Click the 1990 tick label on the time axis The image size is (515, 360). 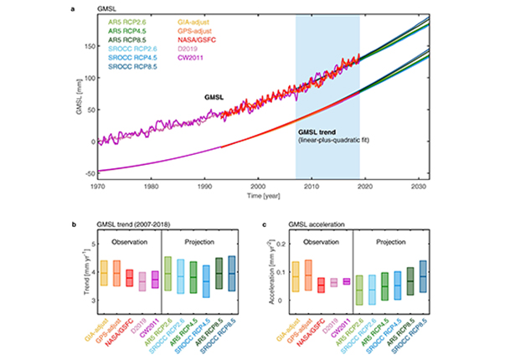pos(205,189)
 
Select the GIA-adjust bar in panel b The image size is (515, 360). pos(116,275)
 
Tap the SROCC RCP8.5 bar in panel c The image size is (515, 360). pos(422,275)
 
